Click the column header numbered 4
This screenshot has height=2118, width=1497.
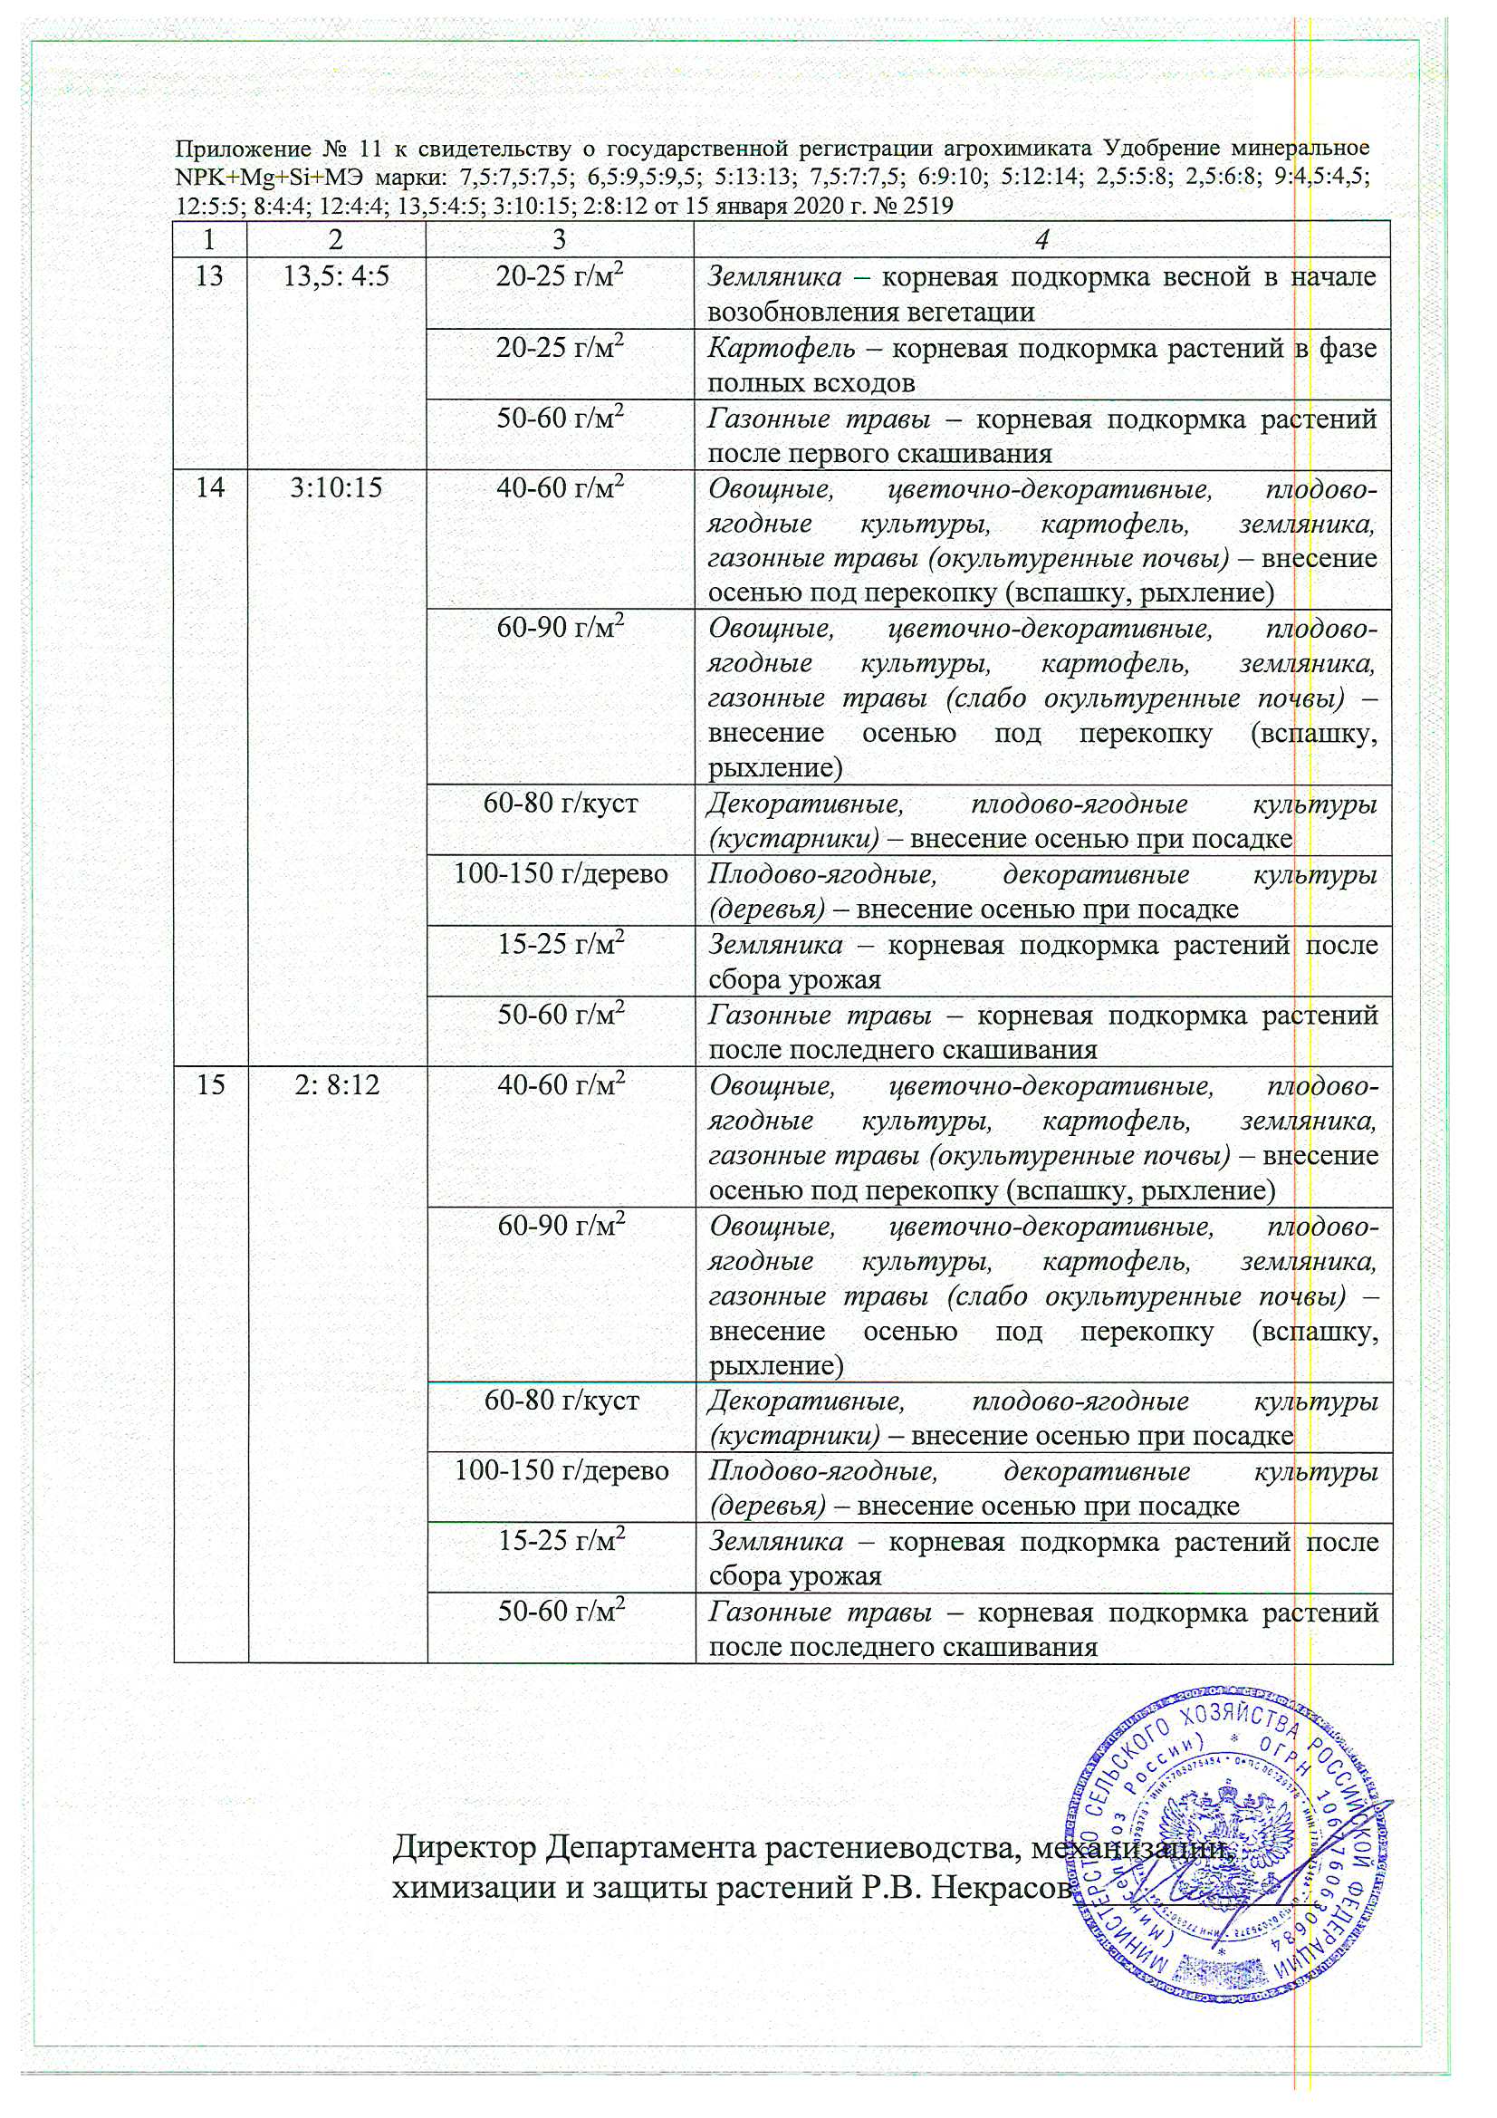[x=1041, y=240]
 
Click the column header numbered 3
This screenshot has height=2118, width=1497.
[x=559, y=240]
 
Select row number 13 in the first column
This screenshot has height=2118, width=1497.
[x=210, y=275]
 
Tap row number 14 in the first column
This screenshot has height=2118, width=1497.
[x=210, y=487]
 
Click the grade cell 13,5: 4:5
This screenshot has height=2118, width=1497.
[x=336, y=275]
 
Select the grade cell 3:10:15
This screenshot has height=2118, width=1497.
[x=336, y=487]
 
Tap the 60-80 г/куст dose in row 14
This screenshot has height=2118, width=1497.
[x=561, y=803]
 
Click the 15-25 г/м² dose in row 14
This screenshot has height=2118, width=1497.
[x=561, y=945]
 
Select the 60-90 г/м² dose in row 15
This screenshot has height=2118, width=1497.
[x=561, y=1226]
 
